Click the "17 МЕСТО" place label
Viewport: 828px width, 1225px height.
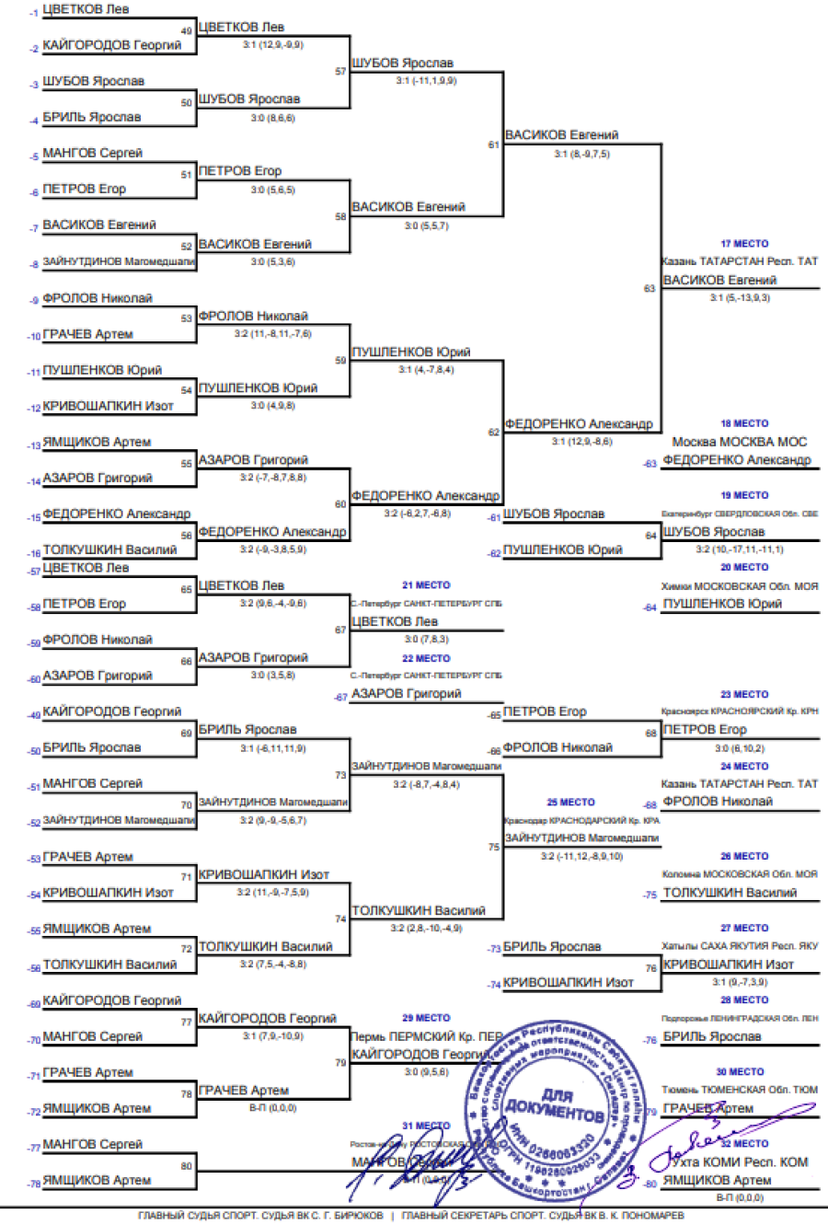pyautogui.click(x=744, y=244)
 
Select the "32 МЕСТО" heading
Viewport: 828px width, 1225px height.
pyautogui.click(x=744, y=1144)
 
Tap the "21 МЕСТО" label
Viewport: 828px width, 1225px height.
pyautogui.click(x=426, y=585)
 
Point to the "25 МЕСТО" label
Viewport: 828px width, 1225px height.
pyautogui.click(x=570, y=803)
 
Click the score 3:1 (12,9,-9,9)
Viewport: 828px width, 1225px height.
pyautogui.click(x=272, y=45)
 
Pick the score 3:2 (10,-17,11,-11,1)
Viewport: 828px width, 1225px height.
pyautogui.click(x=740, y=549)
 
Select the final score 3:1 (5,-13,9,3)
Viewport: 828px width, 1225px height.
pyautogui.click(x=740, y=298)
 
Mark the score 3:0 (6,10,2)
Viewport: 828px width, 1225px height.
pyautogui.click(x=740, y=748)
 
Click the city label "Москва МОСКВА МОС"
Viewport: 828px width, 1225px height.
pyautogui.click(x=739, y=443)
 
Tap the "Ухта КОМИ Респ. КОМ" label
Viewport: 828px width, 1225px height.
pyautogui.click(x=740, y=1162)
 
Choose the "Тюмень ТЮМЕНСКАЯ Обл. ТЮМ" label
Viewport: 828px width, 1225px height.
pyautogui.click(x=740, y=1090)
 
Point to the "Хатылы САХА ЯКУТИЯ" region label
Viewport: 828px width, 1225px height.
pyautogui.click(x=740, y=946)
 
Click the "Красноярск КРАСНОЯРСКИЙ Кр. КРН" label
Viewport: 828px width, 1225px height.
pyautogui.click(x=740, y=711)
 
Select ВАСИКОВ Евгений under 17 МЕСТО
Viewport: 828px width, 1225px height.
pyautogui.click(x=719, y=281)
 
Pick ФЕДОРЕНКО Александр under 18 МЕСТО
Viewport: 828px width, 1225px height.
pyautogui.click(x=737, y=460)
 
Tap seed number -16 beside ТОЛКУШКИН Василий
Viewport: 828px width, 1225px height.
pyautogui.click(x=34, y=553)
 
